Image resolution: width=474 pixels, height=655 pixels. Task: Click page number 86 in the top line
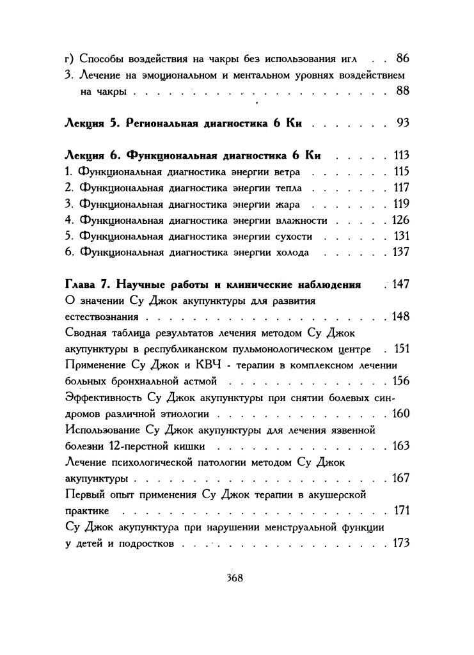tap(402, 59)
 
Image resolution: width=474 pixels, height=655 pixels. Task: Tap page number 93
tap(402, 123)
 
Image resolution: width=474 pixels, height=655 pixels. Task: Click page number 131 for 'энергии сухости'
tap(401, 236)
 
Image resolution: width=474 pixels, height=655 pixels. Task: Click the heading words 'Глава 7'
tap(88, 284)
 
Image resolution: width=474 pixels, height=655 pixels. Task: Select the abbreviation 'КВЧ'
tap(207, 365)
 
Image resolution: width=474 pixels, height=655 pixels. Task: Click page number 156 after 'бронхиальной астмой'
tap(400, 381)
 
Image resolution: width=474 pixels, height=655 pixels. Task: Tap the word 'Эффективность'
tap(103, 398)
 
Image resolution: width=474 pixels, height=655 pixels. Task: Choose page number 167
tap(400, 478)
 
